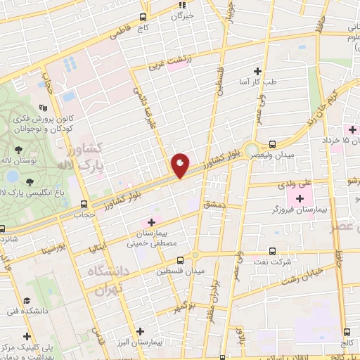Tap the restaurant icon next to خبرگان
(181, 5)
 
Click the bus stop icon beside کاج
(143, 17)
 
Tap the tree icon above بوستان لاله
(18, 149)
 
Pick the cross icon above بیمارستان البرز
(141, 330)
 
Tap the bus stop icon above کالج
(347, 331)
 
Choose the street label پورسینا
(52, 248)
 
